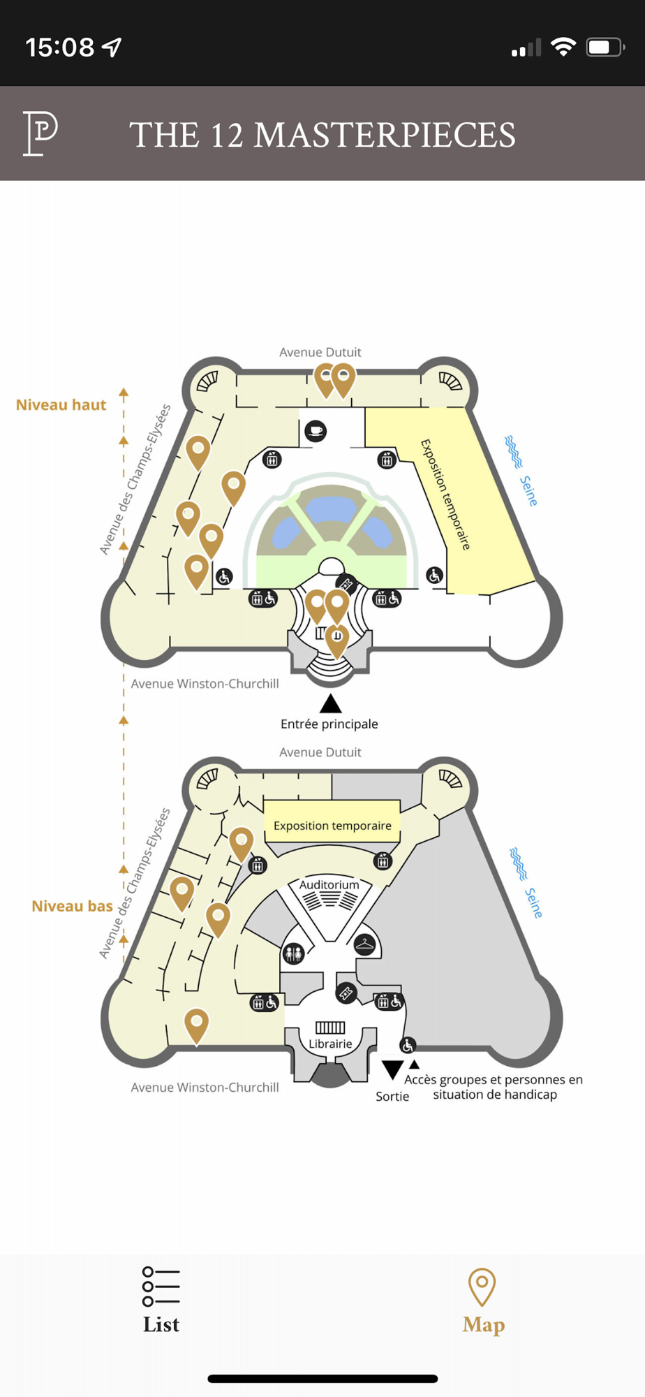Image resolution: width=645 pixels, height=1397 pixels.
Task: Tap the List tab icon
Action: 161,1287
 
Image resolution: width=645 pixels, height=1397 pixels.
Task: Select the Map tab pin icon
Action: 482,1287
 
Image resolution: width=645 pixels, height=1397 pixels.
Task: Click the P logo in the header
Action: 40,133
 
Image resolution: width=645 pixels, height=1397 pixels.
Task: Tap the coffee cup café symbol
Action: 316,430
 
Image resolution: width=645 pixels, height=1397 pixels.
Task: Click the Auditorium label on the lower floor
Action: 329,884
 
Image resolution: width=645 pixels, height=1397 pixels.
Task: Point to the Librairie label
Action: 330,1044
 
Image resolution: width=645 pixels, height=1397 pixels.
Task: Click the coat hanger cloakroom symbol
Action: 364,945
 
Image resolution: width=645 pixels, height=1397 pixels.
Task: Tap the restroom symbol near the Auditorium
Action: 293,953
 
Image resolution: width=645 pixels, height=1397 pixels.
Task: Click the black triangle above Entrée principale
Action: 330,703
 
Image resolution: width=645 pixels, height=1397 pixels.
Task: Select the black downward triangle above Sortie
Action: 392,1069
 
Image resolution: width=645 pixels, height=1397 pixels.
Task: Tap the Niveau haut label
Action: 61,405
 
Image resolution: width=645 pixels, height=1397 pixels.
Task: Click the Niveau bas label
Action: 72,906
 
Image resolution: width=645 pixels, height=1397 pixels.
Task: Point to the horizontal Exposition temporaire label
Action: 332,826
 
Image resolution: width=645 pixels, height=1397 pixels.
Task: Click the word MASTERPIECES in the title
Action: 385,135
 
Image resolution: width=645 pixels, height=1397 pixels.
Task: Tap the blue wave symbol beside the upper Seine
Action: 514,451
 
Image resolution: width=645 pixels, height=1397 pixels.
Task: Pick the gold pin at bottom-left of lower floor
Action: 196,1024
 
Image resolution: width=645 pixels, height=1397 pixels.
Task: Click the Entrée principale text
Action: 329,724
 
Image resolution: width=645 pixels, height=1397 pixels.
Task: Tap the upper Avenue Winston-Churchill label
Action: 205,684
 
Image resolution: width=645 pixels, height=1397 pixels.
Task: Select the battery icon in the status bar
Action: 605,47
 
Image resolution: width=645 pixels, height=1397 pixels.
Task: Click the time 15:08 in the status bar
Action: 60,47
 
